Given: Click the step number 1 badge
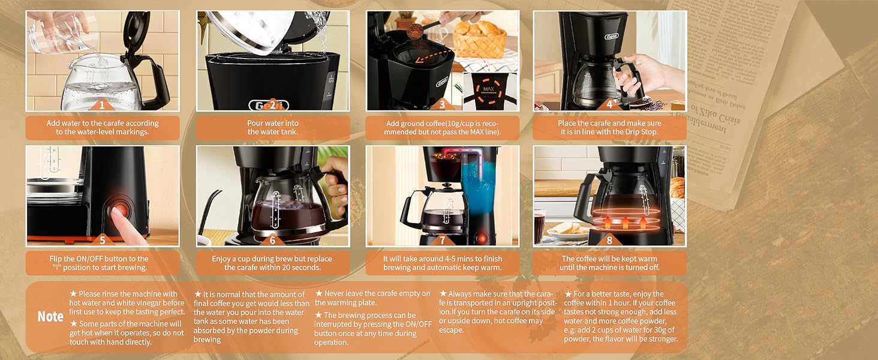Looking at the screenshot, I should tap(102, 105).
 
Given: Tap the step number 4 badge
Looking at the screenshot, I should tap(609, 105).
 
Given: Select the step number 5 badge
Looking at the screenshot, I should tap(102, 240).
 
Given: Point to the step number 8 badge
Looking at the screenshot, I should tap(609, 240).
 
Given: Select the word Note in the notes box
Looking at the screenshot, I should tap(50, 317).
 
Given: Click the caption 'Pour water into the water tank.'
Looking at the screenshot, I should tap(273, 128).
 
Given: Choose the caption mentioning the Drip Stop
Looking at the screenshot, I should tap(609, 128).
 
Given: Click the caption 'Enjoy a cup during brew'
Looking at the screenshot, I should tap(273, 263).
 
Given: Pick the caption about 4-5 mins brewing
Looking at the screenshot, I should tap(443, 263).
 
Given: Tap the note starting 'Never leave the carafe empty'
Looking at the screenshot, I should tap(372, 298).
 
